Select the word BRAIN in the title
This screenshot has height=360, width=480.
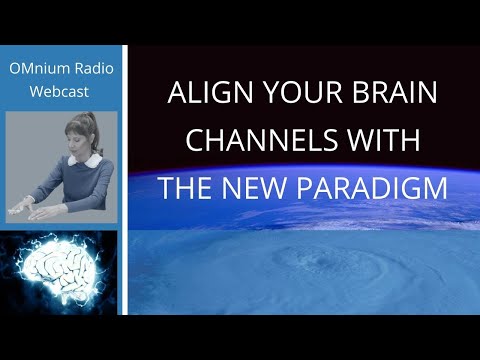[395, 92]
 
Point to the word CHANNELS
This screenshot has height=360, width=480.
[262, 140]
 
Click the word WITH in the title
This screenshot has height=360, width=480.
[384, 140]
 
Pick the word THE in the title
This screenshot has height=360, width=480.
[185, 188]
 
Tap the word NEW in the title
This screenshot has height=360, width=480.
[254, 188]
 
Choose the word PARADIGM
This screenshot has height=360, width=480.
[372, 188]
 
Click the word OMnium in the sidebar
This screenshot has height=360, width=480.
[40, 68]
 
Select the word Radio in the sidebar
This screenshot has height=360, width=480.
[94, 68]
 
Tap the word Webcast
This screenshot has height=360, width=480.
[59, 92]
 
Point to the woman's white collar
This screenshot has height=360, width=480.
[85, 160]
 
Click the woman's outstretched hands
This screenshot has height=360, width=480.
[32, 211]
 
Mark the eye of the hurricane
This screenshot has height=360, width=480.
[322, 260]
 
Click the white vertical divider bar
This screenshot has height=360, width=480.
[125, 180]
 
